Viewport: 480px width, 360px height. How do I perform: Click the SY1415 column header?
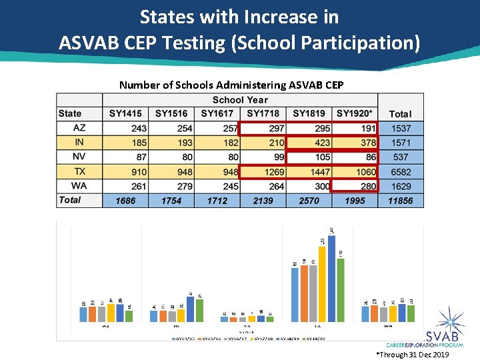pyautogui.click(x=125, y=114)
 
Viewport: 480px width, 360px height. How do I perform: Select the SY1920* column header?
pyautogui.click(x=355, y=114)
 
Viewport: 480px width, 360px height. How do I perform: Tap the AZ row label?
pyautogui.click(x=79, y=128)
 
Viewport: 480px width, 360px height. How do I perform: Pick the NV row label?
pyautogui.click(x=79, y=157)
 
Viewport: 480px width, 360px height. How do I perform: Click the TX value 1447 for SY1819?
pyautogui.click(x=309, y=172)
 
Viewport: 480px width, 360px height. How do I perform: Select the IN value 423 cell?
pyautogui.click(x=309, y=143)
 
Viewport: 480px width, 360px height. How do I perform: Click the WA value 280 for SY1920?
pyautogui.click(x=355, y=187)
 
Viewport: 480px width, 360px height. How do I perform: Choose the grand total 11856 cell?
pyautogui.click(x=401, y=201)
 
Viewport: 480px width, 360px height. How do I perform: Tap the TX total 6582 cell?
pyautogui.click(x=401, y=172)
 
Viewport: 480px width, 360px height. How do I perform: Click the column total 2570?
pyautogui.click(x=309, y=201)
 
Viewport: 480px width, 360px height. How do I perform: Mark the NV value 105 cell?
pyautogui.click(x=309, y=157)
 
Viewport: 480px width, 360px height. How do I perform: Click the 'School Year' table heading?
pyautogui.click(x=240, y=100)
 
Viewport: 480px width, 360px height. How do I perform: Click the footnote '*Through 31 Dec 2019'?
pyautogui.click(x=413, y=355)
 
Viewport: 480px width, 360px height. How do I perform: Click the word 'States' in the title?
pyautogui.click(x=169, y=16)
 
